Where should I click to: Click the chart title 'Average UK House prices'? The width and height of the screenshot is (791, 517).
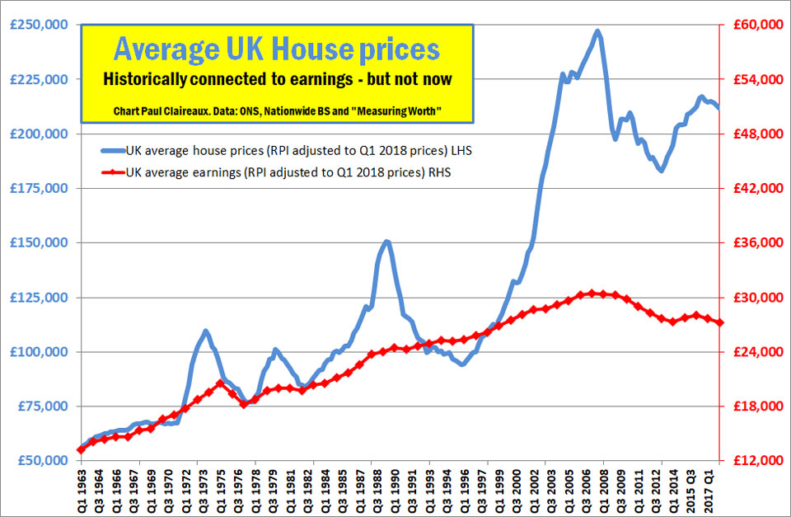tap(276, 49)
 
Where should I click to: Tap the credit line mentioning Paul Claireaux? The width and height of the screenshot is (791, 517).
tap(276, 110)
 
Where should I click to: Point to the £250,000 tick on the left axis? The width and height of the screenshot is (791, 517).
tap(38, 25)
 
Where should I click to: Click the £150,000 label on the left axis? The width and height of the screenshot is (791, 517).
tap(38, 243)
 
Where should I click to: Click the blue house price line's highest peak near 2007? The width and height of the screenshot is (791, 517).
tap(597, 31)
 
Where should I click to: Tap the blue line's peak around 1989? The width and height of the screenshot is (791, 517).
tap(386, 241)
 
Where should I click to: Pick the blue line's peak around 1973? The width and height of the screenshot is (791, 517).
tap(205, 331)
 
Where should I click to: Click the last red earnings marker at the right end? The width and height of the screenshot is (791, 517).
tap(720, 322)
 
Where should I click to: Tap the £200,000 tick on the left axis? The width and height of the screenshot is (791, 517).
tap(38, 134)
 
